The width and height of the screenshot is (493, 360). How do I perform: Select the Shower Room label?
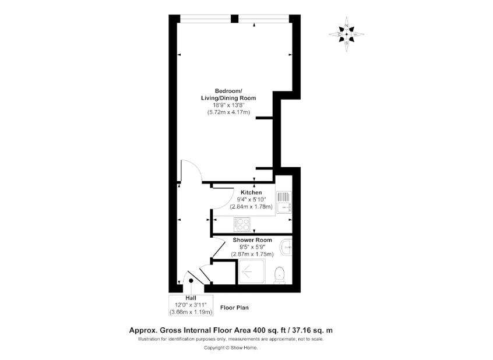[252, 240]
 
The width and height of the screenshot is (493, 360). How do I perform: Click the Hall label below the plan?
[191, 298]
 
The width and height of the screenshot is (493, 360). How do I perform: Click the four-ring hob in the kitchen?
[241, 223]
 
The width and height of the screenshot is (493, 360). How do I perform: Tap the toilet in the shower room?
[280, 273]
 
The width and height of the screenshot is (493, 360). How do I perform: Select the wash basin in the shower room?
[286, 248]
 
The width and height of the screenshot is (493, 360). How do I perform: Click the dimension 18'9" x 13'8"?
[228, 105]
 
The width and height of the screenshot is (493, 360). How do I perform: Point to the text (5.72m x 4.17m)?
[228, 112]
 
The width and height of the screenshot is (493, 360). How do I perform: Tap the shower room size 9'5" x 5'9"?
[252, 247]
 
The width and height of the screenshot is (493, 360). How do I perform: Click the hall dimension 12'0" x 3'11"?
[191, 305]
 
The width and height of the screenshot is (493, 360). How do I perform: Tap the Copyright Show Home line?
[230, 348]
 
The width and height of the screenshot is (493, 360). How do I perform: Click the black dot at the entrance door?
[191, 281]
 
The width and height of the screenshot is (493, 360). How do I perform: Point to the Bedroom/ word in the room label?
[228, 91]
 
